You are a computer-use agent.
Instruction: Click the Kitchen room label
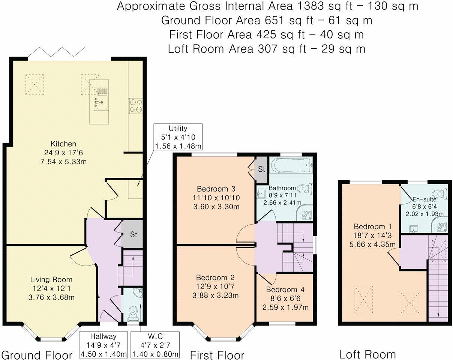[63, 144]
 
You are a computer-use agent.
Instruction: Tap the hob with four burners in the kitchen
[136, 106]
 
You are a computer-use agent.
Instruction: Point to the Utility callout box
[178, 137]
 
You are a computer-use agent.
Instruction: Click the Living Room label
[51, 280]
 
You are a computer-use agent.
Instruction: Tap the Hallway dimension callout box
[103, 345]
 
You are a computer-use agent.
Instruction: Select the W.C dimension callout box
[155, 345]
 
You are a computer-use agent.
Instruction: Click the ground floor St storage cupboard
[132, 234]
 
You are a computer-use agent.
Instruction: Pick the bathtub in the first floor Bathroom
[291, 165]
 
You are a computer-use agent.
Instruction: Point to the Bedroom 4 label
[285, 289]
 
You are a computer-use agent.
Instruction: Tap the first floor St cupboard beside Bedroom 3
[261, 169]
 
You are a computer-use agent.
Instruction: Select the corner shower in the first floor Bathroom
[304, 212]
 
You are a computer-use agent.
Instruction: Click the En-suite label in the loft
[424, 199]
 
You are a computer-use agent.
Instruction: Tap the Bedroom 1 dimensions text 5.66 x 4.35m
[372, 244]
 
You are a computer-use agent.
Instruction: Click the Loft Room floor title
[367, 354]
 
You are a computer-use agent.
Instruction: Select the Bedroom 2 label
[215, 277]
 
